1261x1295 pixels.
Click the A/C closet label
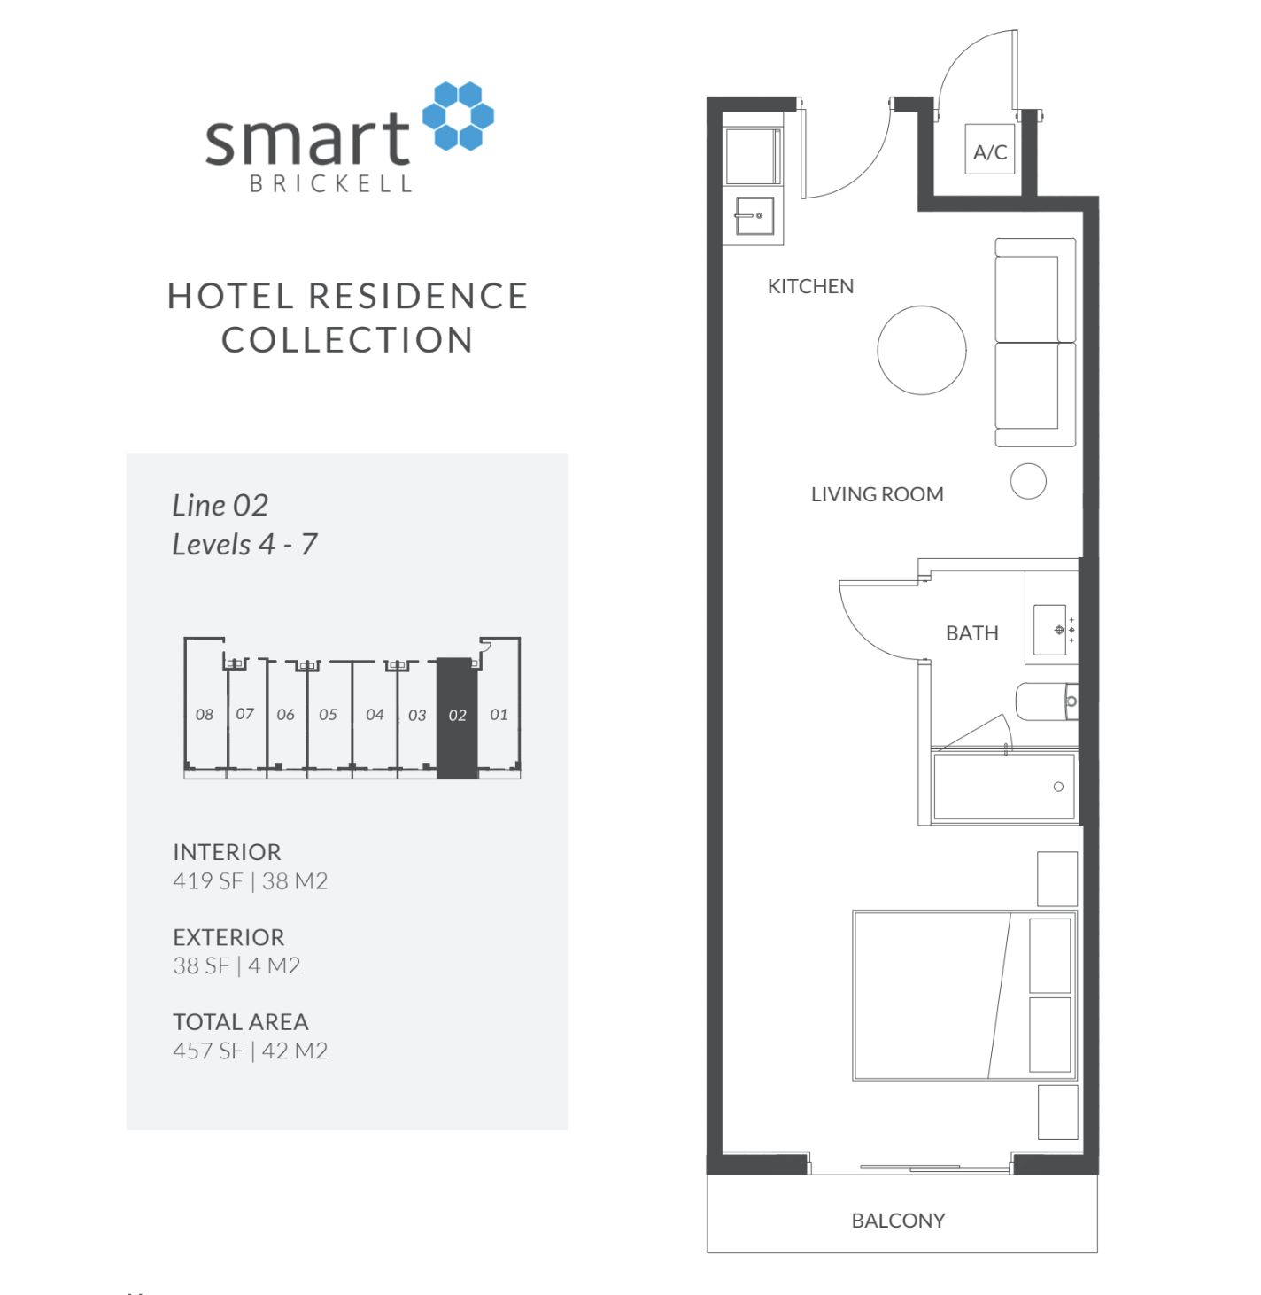point(989,151)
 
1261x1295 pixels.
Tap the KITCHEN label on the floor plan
point(810,286)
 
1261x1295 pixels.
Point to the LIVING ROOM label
point(877,494)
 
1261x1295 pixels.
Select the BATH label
point(971,633)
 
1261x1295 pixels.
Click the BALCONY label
point(898,1221)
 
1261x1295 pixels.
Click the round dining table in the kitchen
point(921,350)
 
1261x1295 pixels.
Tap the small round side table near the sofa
point(1028,481)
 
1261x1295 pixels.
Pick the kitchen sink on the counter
point(754,215)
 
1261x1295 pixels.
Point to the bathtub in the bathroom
point(1003,787)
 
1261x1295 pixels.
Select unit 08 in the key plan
point(205,715)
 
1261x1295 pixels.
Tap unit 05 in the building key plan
point(328,715)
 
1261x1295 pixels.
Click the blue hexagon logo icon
point(458,116)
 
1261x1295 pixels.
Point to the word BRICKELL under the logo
point(331,184)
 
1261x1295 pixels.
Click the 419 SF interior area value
point(208,881)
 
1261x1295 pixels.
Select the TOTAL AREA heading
point(240,1022)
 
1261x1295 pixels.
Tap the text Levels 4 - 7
point(244,544)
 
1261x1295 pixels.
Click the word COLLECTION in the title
point(347,340)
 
